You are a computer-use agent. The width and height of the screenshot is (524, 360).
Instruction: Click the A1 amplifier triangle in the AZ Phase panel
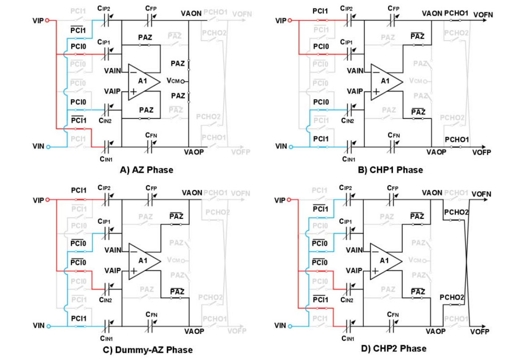coord(143,81)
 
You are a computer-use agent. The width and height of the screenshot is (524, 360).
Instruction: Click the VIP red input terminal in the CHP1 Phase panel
coord(290,21)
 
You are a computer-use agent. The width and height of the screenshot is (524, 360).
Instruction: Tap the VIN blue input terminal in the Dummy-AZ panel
coord(48,326)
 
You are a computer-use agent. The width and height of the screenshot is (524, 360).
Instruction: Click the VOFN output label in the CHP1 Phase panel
coord(483,15)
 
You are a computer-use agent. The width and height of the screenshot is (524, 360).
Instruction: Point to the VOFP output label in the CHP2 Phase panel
coord(480,332)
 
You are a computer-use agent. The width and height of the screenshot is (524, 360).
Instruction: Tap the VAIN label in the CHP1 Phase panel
coord(355,70)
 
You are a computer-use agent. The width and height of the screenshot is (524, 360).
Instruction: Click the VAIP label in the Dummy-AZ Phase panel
coord(113,270)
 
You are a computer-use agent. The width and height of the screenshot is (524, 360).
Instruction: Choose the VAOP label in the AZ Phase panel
coord(194,152)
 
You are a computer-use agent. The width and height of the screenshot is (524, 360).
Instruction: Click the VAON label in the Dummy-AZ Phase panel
coord(192,193)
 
